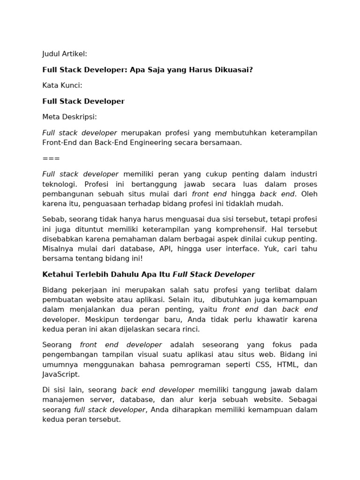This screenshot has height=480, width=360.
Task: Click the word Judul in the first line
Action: [x=52, y=54]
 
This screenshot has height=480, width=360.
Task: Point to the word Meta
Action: [x=51, y=117]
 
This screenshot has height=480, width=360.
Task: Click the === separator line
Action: [x=51, y=158]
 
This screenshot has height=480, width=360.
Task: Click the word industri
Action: [x=304, y=174]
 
